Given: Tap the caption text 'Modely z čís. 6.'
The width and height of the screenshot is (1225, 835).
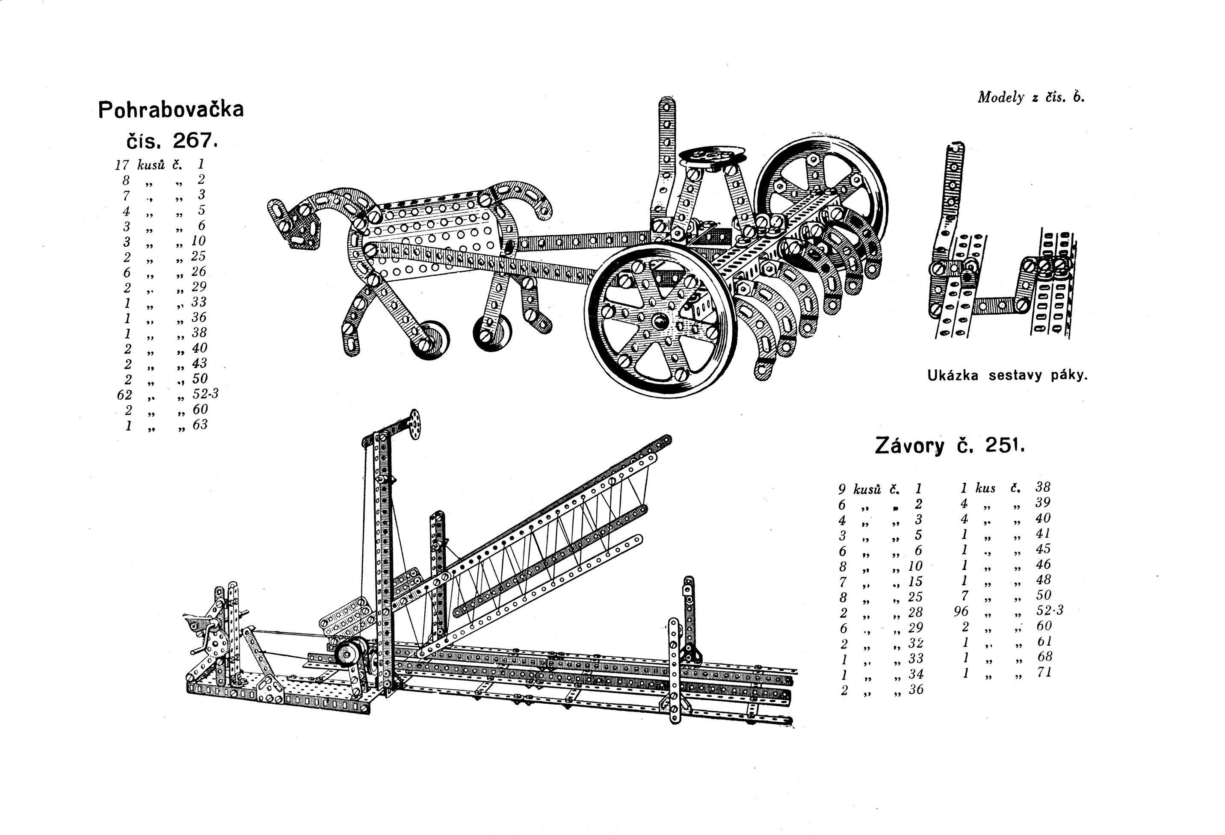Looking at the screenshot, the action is (x=1031, y=97).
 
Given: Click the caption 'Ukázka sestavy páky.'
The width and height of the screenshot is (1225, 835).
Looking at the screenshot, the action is (x=1007, y=376).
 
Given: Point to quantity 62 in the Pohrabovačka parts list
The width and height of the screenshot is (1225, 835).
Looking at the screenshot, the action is (x=124, y=395).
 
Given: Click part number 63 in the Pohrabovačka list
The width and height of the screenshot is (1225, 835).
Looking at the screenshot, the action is (x=200, y=425).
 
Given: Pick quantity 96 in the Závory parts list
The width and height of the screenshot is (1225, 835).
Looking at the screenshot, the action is (x=961, y=611).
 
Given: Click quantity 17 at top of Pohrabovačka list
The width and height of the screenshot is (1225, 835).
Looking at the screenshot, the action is (x=122, y=165).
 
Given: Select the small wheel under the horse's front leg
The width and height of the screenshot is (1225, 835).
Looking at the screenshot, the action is (x=431, y=340).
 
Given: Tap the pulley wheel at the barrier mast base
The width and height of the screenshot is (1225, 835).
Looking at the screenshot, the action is (x=349, y=654).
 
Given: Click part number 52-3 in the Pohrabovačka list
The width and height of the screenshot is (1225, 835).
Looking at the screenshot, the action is (x=206, y=394).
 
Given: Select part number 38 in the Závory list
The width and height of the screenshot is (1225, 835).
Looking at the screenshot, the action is (x=1043, y=487).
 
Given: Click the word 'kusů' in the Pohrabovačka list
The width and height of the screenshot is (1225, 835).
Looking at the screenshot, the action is (x=151, y=165).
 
